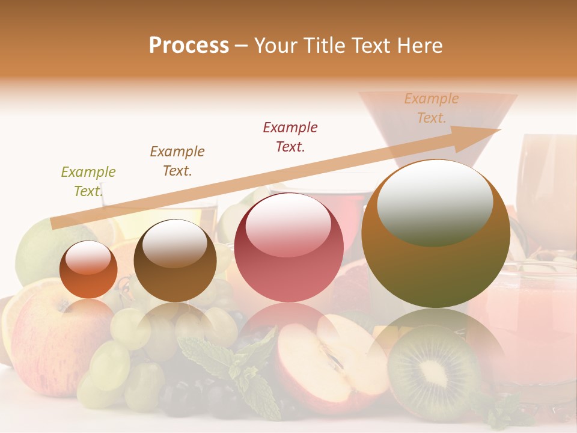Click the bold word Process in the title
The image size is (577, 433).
pos(189,46)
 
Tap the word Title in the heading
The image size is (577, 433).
pos(323,46)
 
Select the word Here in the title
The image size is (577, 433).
pos(420,46)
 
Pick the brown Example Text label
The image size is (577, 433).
pos(177,161)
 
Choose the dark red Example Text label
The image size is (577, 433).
pos(290,137)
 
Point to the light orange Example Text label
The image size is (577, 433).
pos(431,108)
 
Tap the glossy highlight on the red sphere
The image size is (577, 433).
pos(288,226)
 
